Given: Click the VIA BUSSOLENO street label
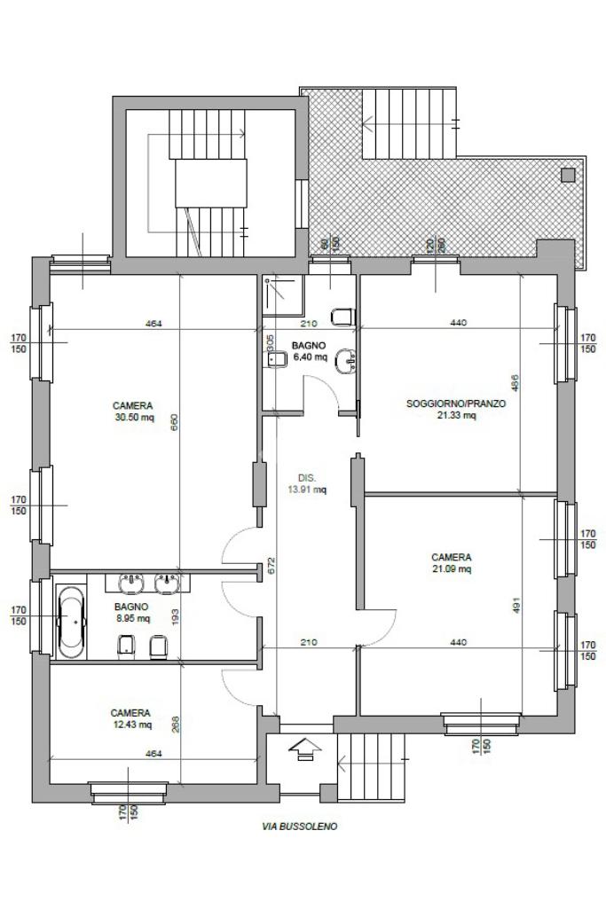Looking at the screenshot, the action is click(299, 827).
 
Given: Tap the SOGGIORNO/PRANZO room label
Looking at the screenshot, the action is click(456, 404).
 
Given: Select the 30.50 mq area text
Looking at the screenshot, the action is click(133, 417).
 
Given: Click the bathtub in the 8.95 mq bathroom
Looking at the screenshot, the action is click(71, 622).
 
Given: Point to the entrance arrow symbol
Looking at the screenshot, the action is click(303, 748).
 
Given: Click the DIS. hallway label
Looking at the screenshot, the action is click(307, 478).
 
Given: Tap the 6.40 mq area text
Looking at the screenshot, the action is click(311, 357).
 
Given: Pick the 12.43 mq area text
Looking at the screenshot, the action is click(132, 724).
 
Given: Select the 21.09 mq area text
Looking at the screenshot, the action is click(452, 568).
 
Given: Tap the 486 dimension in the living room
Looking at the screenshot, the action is click(515, 382).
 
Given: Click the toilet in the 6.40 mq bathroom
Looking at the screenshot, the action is click(343, 317).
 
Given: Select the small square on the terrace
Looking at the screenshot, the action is click(568, 175).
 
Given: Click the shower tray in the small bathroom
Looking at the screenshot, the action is click(282, 294).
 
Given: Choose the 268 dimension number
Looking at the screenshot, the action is click(175, 725).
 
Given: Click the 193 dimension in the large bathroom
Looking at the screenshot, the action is click(175, 615).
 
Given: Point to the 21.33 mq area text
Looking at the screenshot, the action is click(456, 415).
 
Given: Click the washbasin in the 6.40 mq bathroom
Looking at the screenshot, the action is click(348, 361).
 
